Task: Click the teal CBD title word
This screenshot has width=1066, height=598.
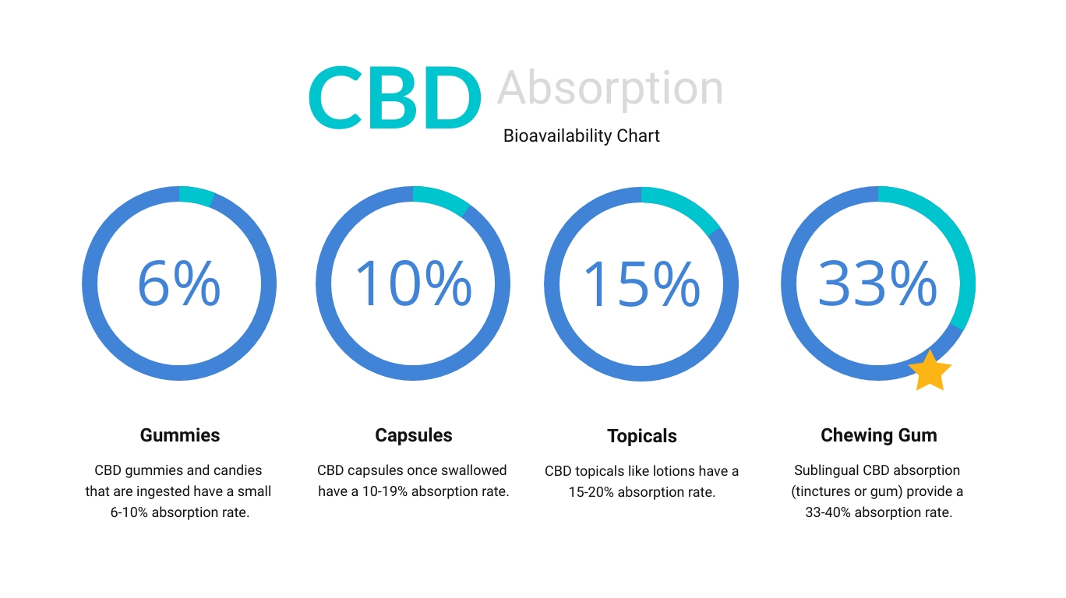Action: click(395, 97)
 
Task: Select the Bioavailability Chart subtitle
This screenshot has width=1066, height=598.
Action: click(581, 136)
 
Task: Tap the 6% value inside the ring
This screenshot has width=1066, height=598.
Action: click(179, 283)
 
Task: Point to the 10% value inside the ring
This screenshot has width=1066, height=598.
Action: click(414, 283)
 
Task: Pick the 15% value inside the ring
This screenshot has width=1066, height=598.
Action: click(641, 283)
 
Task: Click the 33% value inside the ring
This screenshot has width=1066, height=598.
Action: click(877, 283)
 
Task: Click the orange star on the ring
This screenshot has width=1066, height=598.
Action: click(930, 371)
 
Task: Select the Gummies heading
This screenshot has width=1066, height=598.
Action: click(180, 435)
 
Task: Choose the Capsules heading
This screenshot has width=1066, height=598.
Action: click(414, 435)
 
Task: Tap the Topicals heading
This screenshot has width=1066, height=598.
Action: click(642, 436)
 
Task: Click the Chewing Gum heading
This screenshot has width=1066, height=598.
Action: click(879, 435)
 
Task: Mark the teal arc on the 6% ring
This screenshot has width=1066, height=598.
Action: click(196, 196)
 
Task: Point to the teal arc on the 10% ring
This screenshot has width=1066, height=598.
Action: click(443, 199)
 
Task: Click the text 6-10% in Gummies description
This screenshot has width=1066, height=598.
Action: click(129, 512)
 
